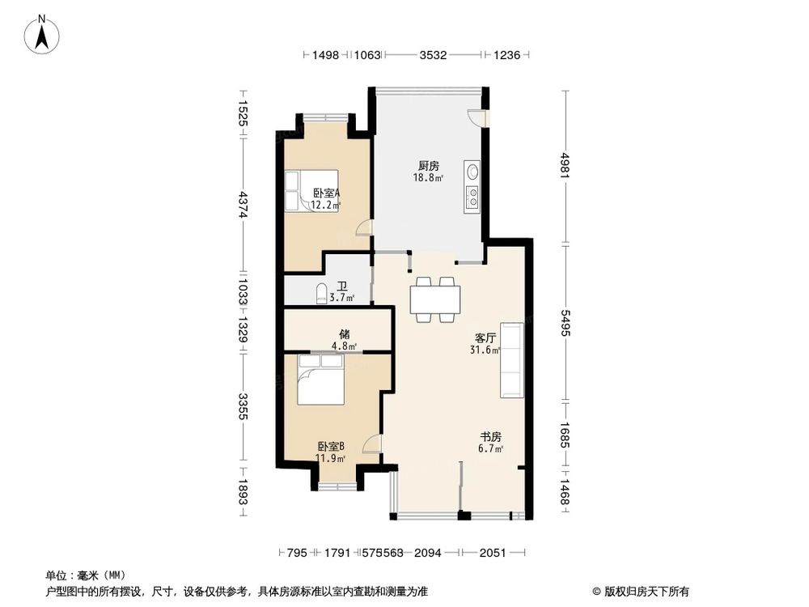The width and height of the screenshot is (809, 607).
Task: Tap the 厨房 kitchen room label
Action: coord(428,166)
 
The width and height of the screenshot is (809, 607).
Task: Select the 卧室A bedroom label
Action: coord(326,193)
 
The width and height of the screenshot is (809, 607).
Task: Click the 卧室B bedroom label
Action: coord(331,446)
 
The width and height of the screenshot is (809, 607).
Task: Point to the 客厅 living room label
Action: coord(486,339)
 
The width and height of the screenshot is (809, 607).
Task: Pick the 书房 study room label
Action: coord(491,437)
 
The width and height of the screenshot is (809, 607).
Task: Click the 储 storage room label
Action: coord(345,334)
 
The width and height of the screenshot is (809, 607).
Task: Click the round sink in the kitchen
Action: coord(472,172)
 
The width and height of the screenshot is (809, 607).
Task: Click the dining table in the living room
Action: coord(435,299)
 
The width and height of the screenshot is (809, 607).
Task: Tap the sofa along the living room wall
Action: coord(511,359)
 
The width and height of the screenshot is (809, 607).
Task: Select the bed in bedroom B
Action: coord(320,380)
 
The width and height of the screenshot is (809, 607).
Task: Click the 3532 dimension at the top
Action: coord(433,55)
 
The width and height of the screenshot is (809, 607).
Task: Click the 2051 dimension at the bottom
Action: coord(493,553)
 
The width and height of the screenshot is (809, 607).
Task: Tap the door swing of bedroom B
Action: coord(372,444)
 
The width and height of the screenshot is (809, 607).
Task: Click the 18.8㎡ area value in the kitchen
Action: coord(428,177)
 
